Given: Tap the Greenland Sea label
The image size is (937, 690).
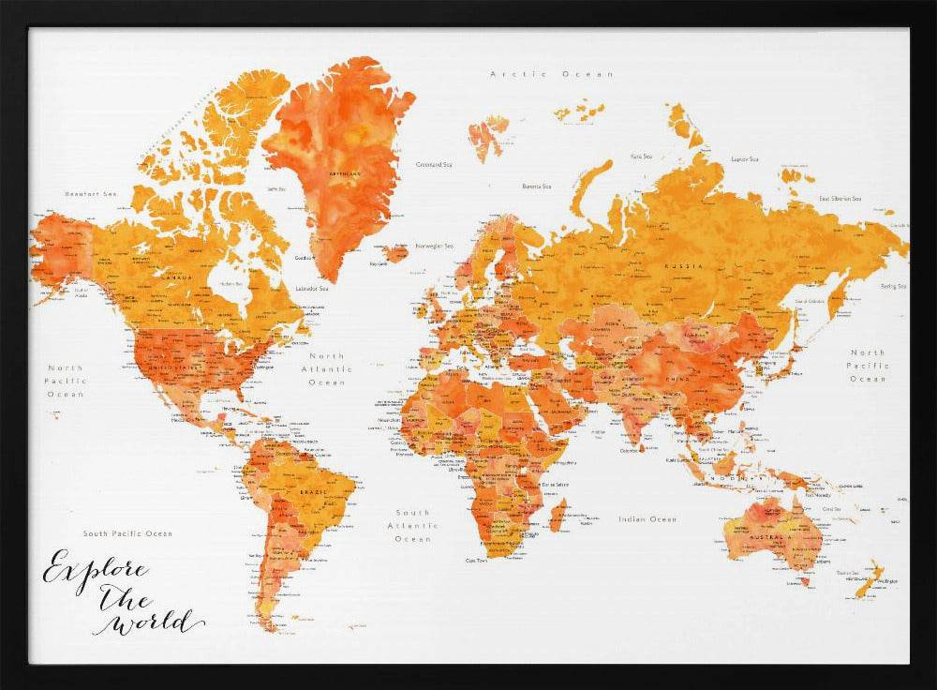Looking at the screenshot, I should point(434,164).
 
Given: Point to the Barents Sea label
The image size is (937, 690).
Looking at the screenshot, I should point(537,186).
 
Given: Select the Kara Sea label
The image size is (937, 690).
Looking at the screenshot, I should point(641,157).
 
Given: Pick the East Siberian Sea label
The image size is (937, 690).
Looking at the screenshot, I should point(840,198).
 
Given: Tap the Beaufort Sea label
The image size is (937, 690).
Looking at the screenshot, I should point(90,194).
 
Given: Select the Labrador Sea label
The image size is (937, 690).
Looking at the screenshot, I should point(311,288).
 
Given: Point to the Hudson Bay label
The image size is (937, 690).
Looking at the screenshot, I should point(231,283).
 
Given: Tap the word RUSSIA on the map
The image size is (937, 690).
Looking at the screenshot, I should point(683,266).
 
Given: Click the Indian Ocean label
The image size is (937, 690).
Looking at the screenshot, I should point(647,518).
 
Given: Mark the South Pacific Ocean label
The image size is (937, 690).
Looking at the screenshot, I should point(127,533).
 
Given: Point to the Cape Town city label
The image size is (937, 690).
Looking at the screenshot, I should point(476,560).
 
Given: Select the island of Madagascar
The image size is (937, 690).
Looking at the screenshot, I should point(558,515).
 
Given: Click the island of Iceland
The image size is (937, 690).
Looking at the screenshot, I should point(395,253).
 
